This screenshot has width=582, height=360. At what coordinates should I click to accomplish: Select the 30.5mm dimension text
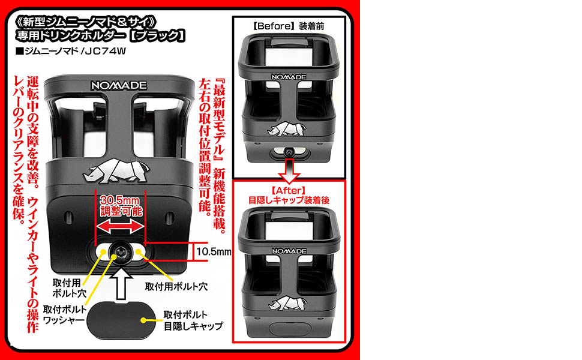coord(120,200)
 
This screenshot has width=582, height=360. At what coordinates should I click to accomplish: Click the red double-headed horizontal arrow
coord(121,227)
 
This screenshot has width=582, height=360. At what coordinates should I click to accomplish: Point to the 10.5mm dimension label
coord(214,251)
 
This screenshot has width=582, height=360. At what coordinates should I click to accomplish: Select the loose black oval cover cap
coord(119,317)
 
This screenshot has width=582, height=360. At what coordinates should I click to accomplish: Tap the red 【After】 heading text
coord(289,191)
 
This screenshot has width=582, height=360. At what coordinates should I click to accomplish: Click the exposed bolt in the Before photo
coord(289,154)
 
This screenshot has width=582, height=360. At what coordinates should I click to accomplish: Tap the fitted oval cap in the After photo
coord(289,329)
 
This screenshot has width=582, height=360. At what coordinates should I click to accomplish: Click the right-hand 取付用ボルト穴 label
coord(176,286)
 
